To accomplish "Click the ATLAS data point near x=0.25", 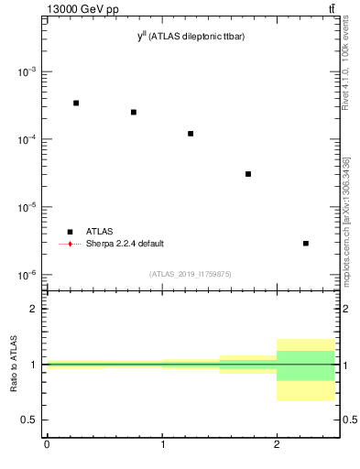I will [x=76, y=103].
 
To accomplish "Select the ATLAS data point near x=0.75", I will [x=134, y=112].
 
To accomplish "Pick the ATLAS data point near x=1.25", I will [x=191, y=134].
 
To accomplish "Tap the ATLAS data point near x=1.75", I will [x=248, y=174].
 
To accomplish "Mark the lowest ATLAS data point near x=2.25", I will [x=306, y=243].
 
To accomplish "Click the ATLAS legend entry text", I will [x=99, y=232].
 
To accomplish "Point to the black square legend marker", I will [x=71, y=232].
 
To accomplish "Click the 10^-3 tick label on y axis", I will [x=27, y=71].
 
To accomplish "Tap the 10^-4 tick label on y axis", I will [x=27, y=139].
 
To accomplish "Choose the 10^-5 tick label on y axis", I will [x=27, y=207].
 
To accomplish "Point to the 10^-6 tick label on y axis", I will [x=27, y=275].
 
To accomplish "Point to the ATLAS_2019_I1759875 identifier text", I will [x=191, y=274].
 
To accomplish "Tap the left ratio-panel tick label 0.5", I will [x=30, y=420].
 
